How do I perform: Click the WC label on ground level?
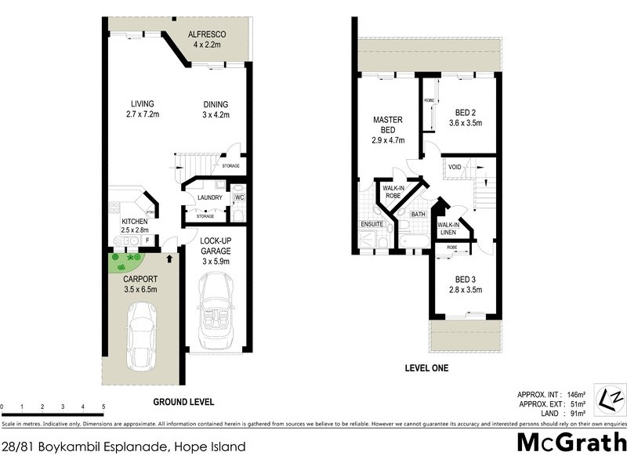coord(240,197)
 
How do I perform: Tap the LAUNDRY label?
coord(211,197)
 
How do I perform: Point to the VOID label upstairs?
coord(455,168)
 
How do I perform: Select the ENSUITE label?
coord(371,224)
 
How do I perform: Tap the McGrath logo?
coord(572,444)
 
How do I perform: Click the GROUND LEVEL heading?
coord(183,402)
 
